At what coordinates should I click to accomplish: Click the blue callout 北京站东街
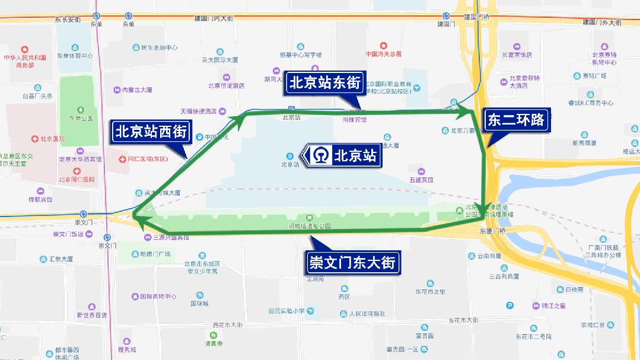coord(324,82)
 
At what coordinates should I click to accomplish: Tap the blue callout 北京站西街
coord(151,132)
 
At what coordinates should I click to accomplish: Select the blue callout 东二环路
coord(515,120)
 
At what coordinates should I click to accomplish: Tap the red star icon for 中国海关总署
coord(383,45)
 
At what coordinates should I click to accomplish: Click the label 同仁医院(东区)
coord(148,159)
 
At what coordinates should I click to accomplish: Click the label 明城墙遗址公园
coord(308,226)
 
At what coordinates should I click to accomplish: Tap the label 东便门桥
coord(493,231)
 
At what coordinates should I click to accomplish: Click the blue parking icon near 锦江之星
coord(509,305)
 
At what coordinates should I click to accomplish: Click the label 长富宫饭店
coord(517,55)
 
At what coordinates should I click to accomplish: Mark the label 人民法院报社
coord(367,314)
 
